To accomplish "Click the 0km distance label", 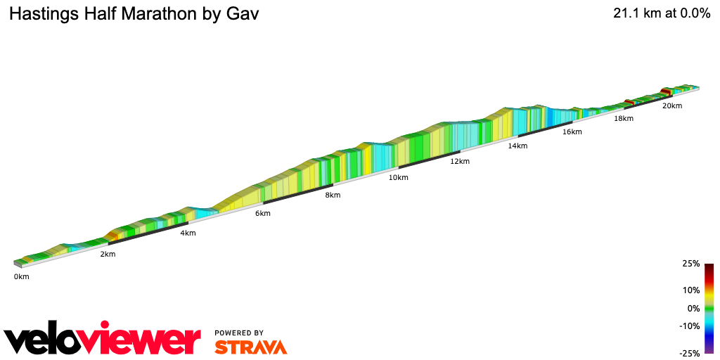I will pos(21,276).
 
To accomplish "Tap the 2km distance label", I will pos(107,254).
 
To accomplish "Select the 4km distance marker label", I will pos(188,233).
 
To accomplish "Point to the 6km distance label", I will pos(263,213).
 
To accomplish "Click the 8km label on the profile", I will pos(333,195).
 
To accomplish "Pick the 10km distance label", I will pos(398,177).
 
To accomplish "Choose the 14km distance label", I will pos(517,146).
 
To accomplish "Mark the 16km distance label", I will pos(572,131).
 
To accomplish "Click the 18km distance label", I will pos(624,118).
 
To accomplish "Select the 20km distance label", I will pos(671,105).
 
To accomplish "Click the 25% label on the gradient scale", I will pos(691,264).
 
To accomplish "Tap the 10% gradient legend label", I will pos(691,290).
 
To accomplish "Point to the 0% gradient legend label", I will pos(693,308).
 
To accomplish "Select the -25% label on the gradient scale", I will pos(690,353).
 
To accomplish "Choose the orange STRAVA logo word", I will pos(250,347).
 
